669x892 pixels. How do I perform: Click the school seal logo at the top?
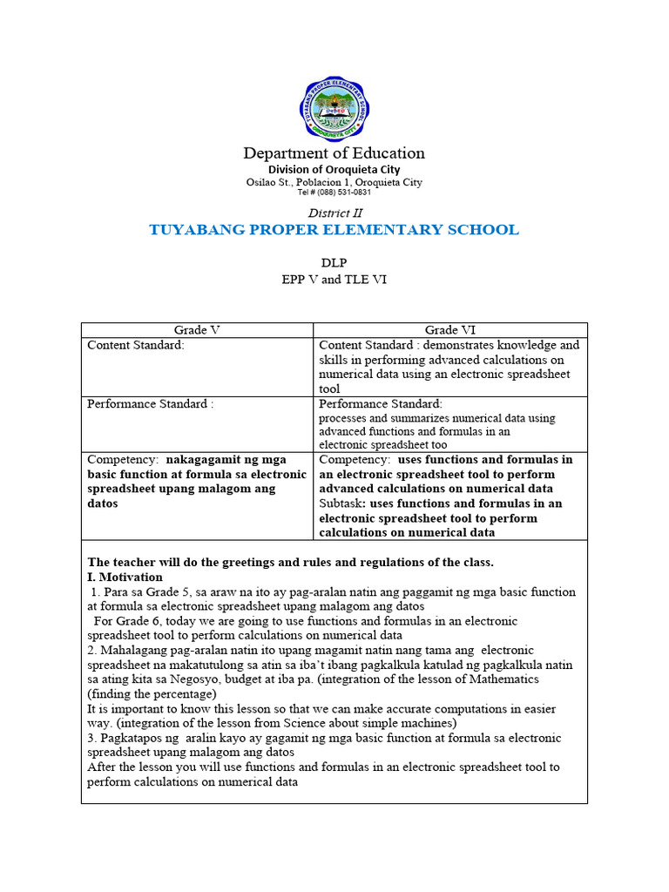[x=334, y=108]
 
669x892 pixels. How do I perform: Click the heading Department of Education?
[x=334, y=153]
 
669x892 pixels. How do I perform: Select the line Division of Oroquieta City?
[x=334, y=169]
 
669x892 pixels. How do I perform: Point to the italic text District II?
[x=334, y=213]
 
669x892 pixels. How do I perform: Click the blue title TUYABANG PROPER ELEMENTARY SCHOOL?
[x=334, y=230]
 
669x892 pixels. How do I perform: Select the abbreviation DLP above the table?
[x=334, y=262]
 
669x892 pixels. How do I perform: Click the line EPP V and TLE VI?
[x=334, y=280]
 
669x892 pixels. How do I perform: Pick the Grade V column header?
[x=197, y=330]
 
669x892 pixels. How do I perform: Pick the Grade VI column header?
[x=449, y=330]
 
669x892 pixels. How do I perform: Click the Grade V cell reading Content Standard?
[x=136, y=345]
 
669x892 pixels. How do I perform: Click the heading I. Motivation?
[x=125, y=577]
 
